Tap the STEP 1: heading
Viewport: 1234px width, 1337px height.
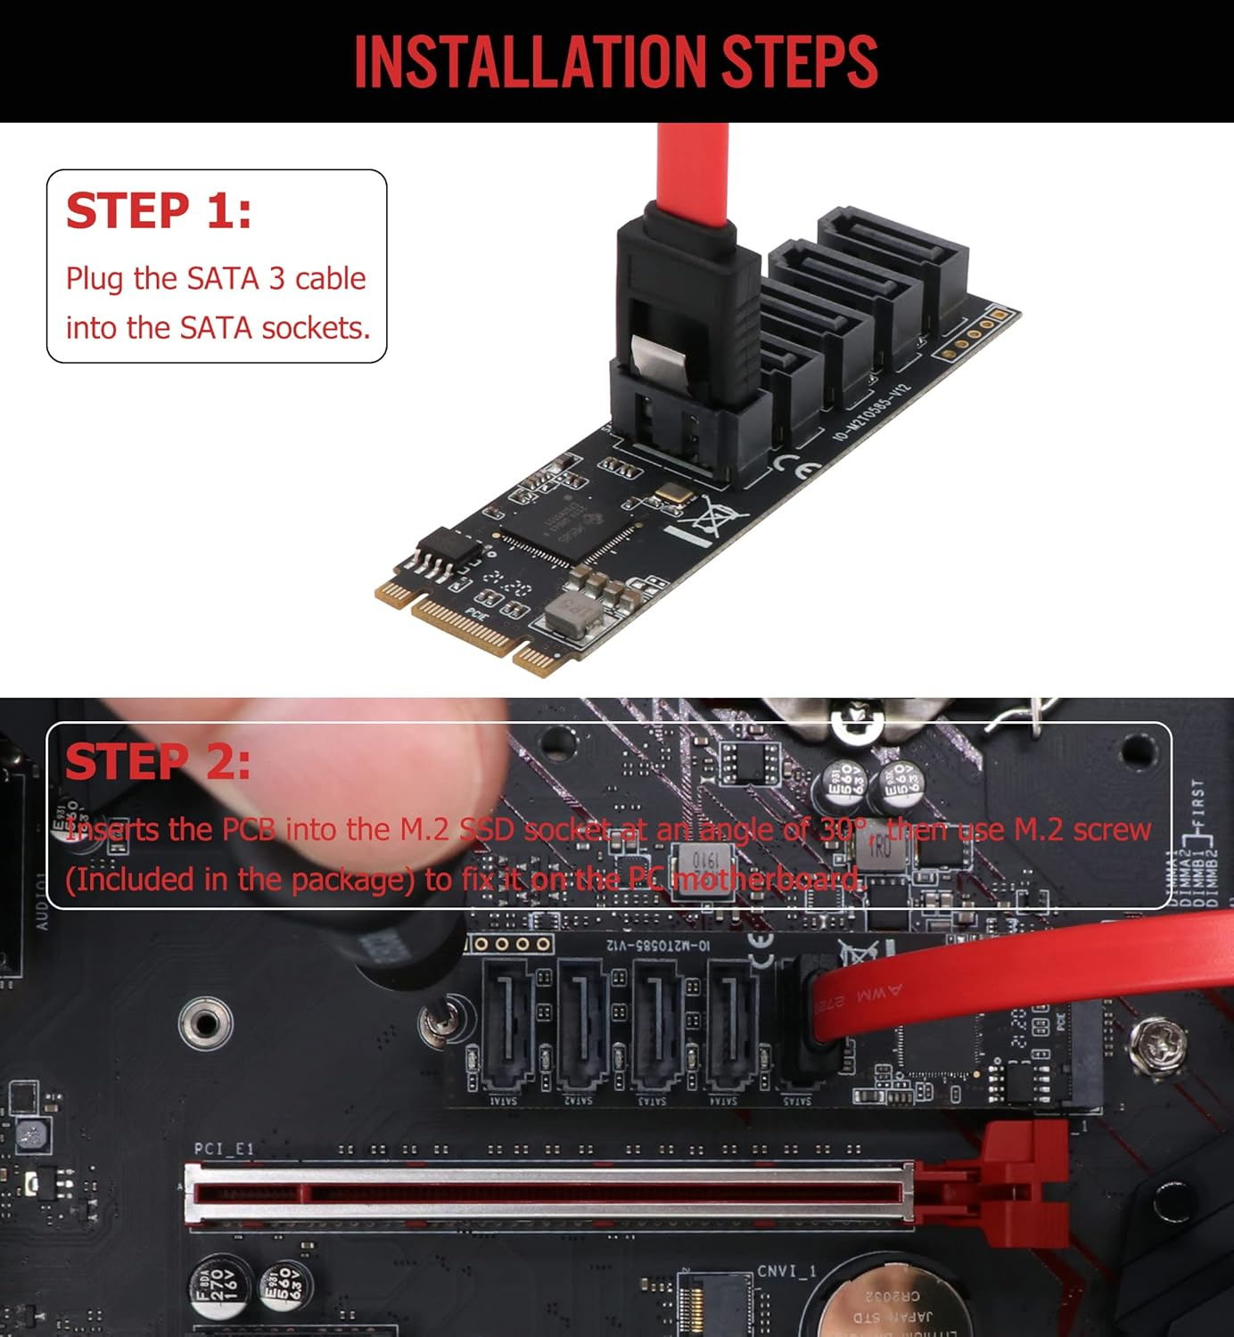coord(159,211)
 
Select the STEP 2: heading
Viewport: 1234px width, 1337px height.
coord(158,762)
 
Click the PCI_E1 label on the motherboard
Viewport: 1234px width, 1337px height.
coord(224,1149)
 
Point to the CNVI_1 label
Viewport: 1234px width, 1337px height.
coord(786,1271)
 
